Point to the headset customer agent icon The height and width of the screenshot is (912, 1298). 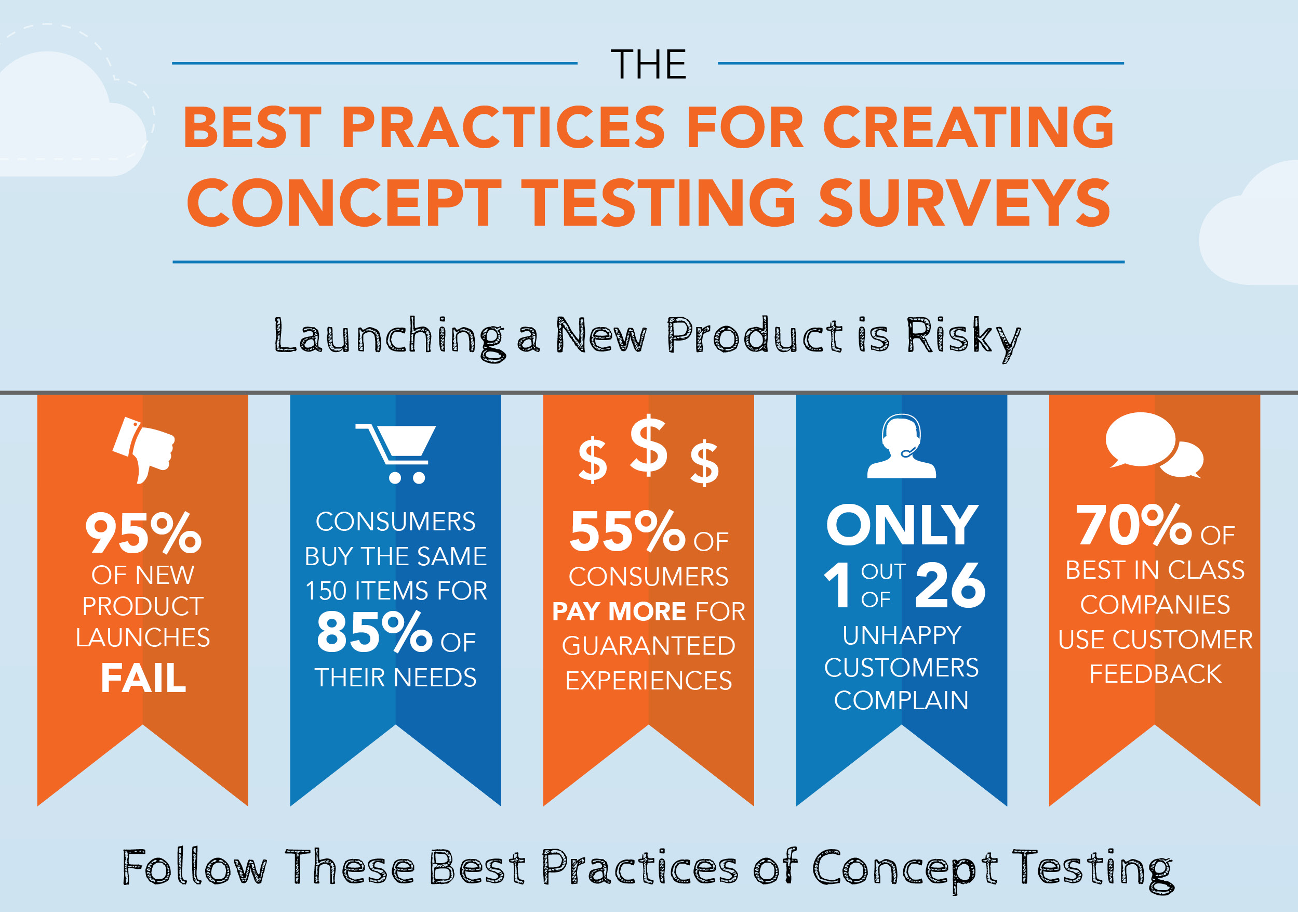coord(902,446)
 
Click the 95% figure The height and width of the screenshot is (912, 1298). coord(143,532)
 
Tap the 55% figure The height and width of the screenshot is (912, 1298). coord(627,531)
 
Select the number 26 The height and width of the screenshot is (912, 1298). coord(951,585)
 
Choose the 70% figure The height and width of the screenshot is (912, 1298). coord(1133,525)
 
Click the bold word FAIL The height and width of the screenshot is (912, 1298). coord(143,678)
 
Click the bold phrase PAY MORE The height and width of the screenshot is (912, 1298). coord(619,611)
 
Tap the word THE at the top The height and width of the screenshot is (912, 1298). coord(648,64)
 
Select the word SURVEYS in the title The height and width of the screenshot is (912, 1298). coord(965,202)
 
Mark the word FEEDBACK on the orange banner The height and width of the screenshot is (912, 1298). coord(1155,674)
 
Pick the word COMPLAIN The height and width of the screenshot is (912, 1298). coord(901,700)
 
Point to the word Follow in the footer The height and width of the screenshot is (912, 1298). coord(194,867)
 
